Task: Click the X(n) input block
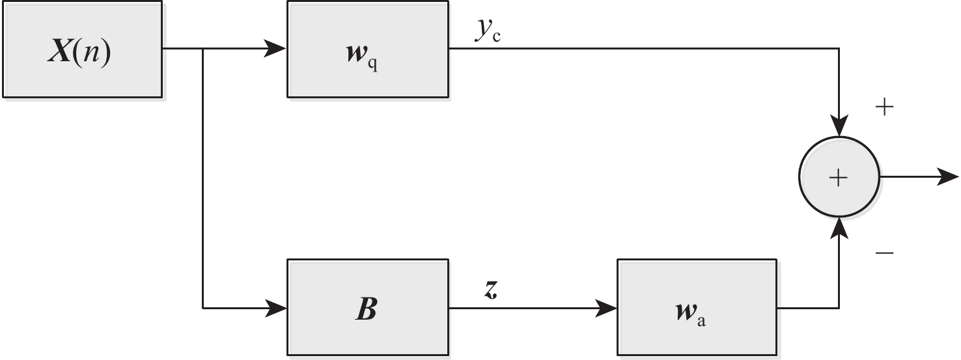tap(82, 49)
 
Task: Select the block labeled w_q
tap(368, 49)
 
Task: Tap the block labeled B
tap(368, 307)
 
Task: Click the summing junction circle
tap(839, 177)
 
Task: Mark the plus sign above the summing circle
tap(884, 108)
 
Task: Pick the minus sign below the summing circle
tap(884, 251)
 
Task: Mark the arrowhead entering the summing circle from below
tap(839, 227)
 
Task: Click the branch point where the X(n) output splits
tap(204, 49)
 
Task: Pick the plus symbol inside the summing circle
tap(839, 177)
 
